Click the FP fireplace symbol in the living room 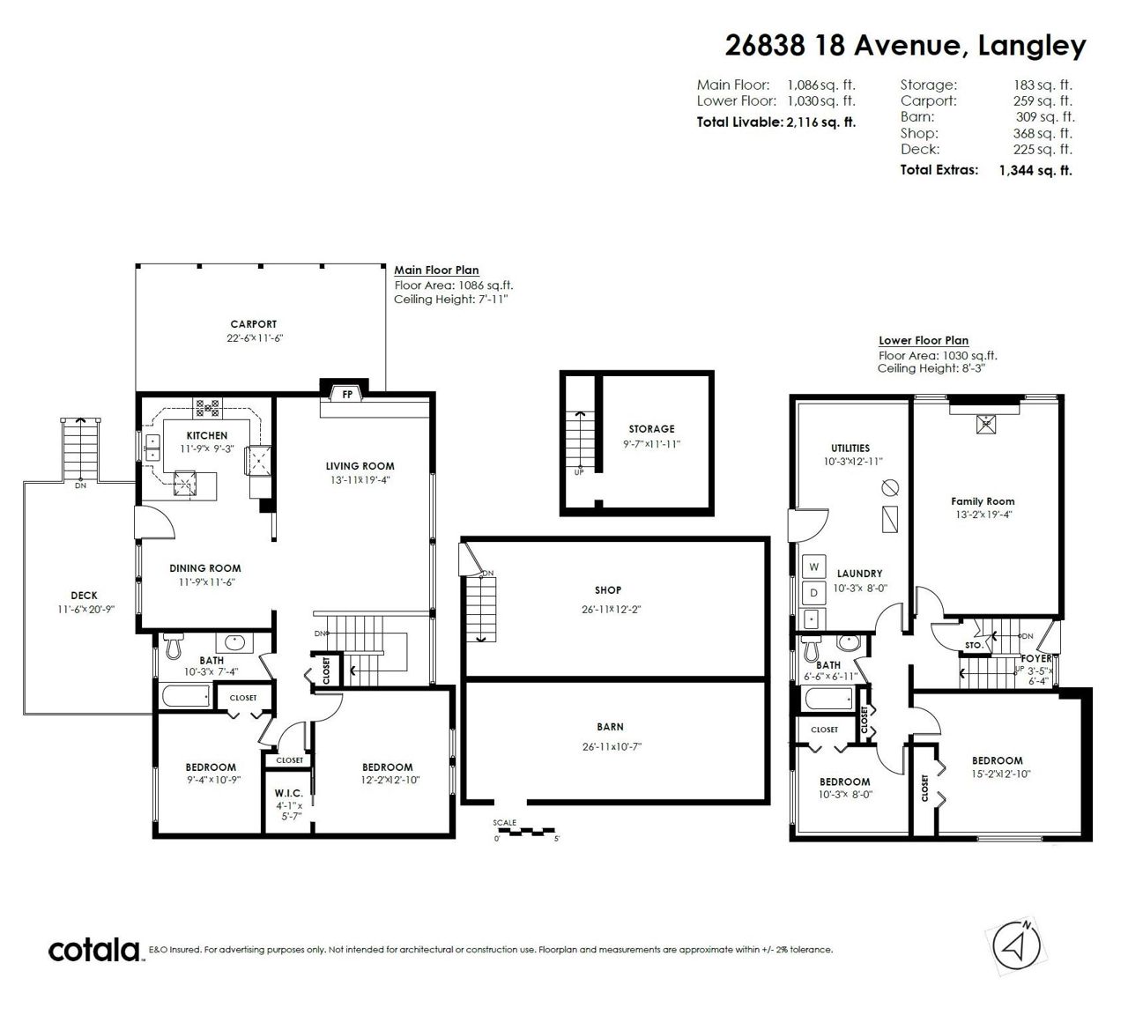tap(347, 394)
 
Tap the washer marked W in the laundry tap(813, 567)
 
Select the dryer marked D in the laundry tap(813, 593)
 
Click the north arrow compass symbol tap(1016, 945)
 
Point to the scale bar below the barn tap(526, 830)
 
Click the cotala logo tap(94, 950)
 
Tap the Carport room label tap(254, 324)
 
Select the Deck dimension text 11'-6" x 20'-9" tap(86, 609)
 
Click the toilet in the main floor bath tap(173, 646)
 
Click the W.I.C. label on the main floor tap(289, 793)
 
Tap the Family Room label tap(983, 501)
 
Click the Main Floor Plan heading tap(436, 270)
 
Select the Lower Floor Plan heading tap(924, 340)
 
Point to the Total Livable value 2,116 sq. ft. tap(821, 122)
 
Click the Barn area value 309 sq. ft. tap(1045, 117)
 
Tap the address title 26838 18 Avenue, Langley tap(906, 46)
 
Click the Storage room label tap(652, 428)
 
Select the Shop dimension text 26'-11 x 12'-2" tap(612, 609)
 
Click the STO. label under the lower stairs tap(974, 645)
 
